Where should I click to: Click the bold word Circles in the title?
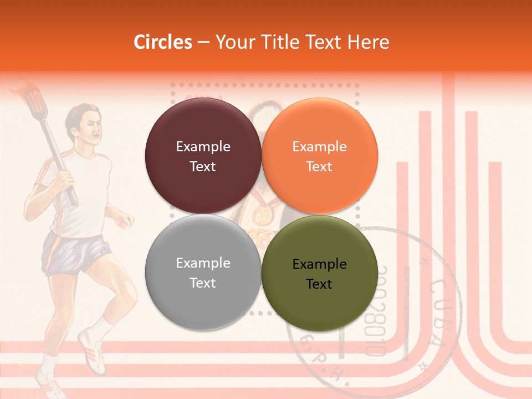click(163, 42)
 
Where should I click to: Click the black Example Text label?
click(319, 274)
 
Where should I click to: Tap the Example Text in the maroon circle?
click(203, 156)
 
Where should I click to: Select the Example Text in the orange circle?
click(319, 156)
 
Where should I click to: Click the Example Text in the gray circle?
click(203, 273)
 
